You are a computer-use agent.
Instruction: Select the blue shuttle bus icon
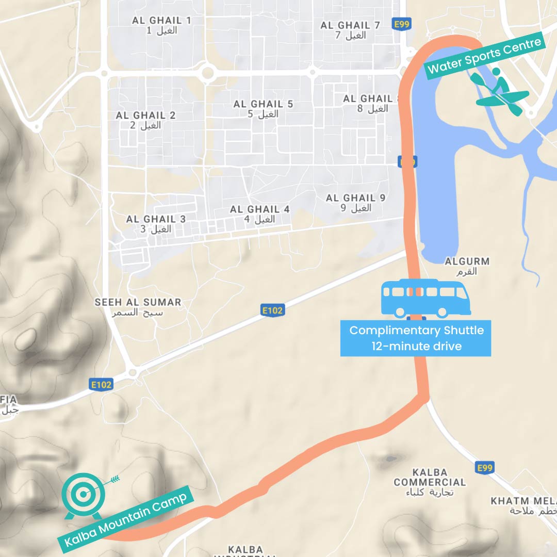[425, 298]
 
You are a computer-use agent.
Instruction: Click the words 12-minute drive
[416, 346]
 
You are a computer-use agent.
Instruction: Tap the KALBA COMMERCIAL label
[430, 477]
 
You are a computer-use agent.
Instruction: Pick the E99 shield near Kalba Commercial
[485, 468]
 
